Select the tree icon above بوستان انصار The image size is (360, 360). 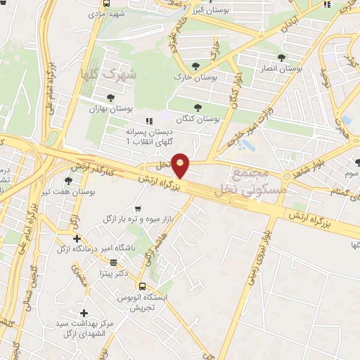click(x=282, y=58)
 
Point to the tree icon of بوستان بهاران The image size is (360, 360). click(x=110, y=98)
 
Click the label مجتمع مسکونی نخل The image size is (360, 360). click(x=251, y=180)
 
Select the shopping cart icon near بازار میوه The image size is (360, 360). click(x=138, y=209)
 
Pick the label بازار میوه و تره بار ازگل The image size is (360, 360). click(x=138, y=221)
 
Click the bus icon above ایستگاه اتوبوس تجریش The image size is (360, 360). click(x=143, y=286)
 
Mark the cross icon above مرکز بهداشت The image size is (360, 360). click(x=84, y=312)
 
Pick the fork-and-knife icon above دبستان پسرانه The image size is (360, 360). click(x=148, y=121)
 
